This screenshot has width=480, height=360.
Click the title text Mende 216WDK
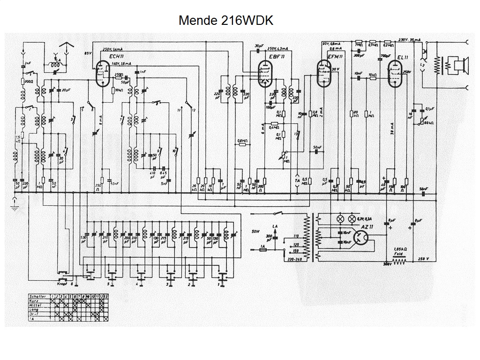click(225, 21)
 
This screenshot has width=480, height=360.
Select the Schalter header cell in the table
click(37, 296)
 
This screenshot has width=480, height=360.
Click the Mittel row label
click(36, 305)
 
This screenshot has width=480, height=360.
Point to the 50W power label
click(255, 231)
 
